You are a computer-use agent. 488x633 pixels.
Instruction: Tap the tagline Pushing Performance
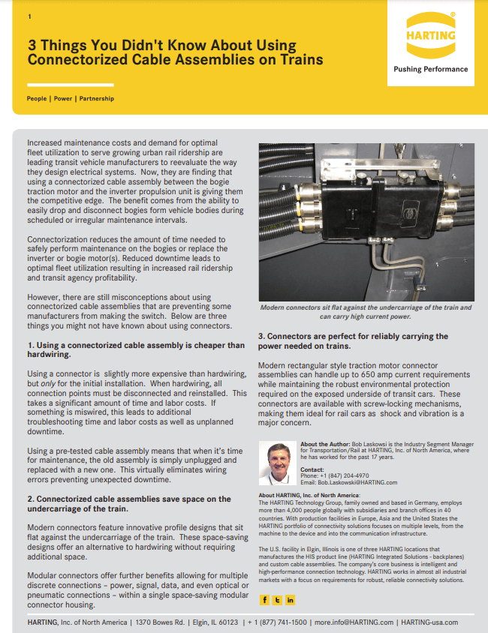[x=430, y=69]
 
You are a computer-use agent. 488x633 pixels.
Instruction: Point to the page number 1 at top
[x=29, y=16]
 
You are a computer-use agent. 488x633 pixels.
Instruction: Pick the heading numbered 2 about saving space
[x=129, y=503]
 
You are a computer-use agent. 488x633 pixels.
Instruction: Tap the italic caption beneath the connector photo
[x=365, y=312]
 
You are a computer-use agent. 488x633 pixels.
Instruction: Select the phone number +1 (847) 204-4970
[x=334, y=475]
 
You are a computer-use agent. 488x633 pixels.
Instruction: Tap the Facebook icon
[x=264, y=599]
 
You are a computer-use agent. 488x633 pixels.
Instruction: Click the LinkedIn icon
[x=290, y=599]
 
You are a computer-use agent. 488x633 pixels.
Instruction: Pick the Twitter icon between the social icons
[x=277, y=599]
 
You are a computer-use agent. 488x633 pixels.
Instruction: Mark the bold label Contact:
[x=312, y=469]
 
